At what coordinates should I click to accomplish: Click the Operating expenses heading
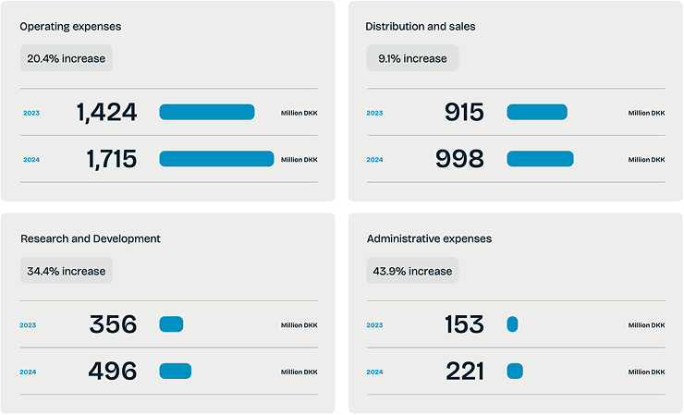70,27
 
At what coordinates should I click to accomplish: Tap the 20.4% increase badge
66,58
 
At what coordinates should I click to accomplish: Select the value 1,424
106,113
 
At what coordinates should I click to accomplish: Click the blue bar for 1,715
216,159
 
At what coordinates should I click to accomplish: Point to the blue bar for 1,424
206,112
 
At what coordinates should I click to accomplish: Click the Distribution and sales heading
420,27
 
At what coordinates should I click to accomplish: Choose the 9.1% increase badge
412,58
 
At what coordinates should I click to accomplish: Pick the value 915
464,113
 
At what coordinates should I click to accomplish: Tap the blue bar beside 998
540,159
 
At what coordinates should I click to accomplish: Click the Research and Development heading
91,238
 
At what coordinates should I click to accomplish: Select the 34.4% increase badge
66,271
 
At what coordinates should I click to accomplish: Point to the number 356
113,325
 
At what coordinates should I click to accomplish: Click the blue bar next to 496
175,372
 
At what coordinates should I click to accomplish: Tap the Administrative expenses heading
429,238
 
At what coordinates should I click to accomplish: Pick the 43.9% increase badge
412,271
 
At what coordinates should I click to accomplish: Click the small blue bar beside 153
512,324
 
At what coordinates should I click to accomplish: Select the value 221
464,372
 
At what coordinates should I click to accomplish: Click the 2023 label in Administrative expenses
374,325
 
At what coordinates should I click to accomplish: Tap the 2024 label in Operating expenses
31,160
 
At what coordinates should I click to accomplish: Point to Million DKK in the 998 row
646,160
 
